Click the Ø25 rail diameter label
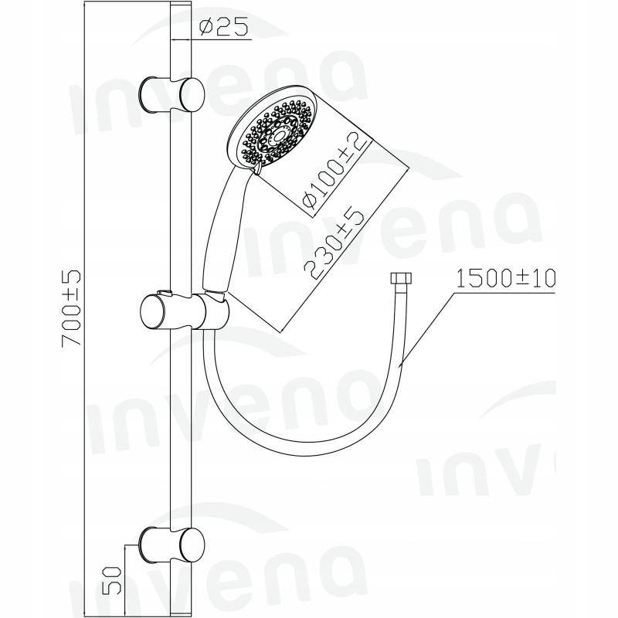click(x=223, y=28)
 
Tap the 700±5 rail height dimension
click(x=72, y=308)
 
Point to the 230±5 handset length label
click(x=334, y=244)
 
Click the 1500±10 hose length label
click(x=505, y=278)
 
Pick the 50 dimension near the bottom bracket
click(x=111, y=580)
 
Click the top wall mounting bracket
click(x=171, y=94)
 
